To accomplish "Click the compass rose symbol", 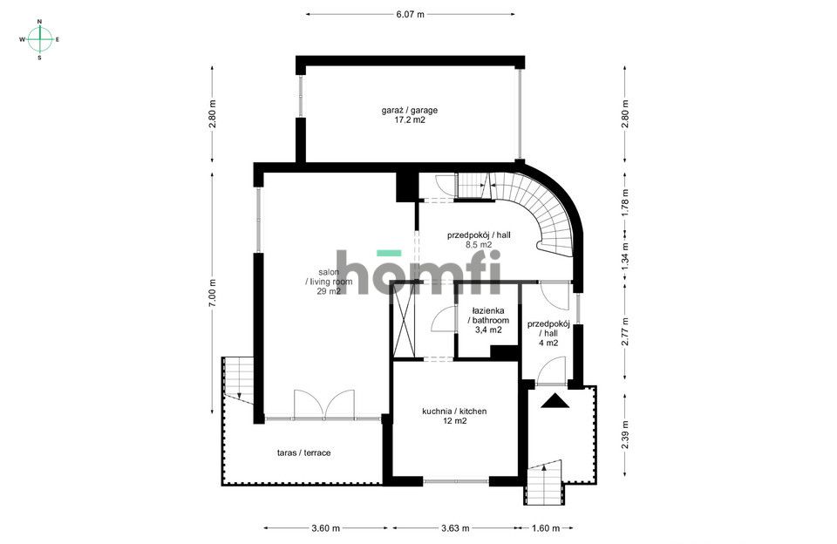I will click(x=40, y=39).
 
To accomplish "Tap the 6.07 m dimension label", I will click(x=410, y=14).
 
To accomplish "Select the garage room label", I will click(x=409, y=116).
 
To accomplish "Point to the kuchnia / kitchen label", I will click(x=453, y=416).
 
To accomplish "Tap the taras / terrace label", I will click(x=303, y=452).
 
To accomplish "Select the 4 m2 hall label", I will click(x=548, y=333).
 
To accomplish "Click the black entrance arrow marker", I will click(x=553, y=401).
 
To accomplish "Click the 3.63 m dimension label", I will click(x=453, y=528).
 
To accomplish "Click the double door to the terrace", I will click(x=323, y=405).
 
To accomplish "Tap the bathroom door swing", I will click(x=444, y=321).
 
